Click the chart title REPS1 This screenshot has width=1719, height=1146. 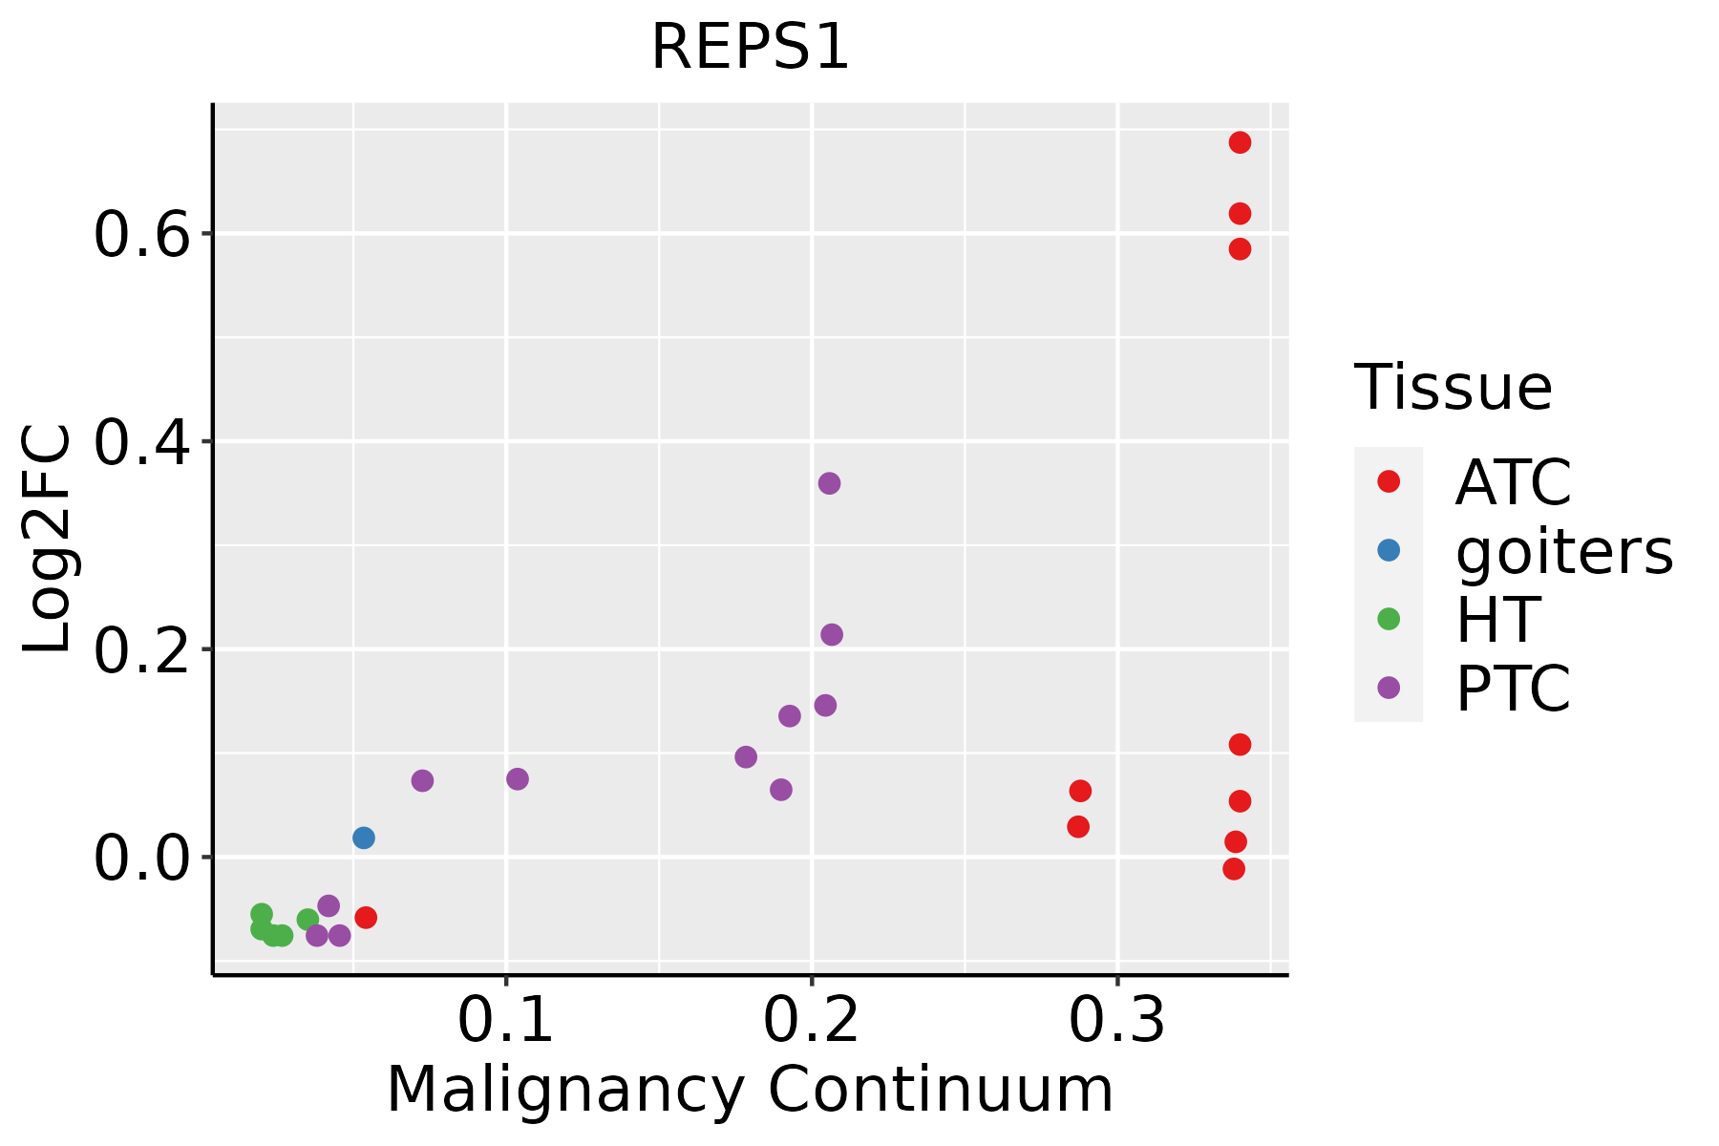tap(750, 48)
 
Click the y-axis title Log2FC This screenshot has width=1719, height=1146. tap(48, 540)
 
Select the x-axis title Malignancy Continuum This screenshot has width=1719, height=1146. tap(750, 1091)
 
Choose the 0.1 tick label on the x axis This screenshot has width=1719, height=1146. tap(506, 1021)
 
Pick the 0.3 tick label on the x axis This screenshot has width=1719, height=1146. tap(1116, 1021)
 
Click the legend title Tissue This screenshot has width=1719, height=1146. tap(1454, 388)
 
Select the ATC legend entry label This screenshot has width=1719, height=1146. tap(1513, 482)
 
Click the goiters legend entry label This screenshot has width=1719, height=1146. tap(1564, 551)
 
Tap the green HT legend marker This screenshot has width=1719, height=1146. tap(1389, 619)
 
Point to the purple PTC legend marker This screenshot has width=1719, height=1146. tap(1389, 688)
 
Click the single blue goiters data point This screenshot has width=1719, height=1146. tap(364, 838)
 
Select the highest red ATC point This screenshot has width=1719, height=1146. tap(1240, 142)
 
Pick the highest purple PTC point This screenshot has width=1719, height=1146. tap(829, 483)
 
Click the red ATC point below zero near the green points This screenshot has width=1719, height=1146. tap(366, 918)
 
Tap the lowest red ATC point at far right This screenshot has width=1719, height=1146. tap(1234, 869)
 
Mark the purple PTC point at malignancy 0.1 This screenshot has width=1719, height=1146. tap(518, 779)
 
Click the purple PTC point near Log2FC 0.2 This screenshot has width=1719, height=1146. tap(832, 634)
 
